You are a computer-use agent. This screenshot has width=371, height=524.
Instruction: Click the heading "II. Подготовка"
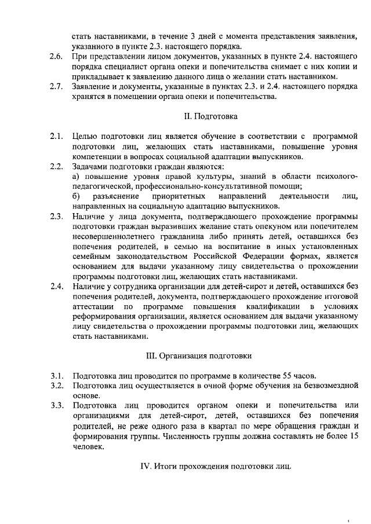[x=210, y=116]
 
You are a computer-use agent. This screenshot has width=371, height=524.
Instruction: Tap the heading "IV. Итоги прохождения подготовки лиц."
[x=215, y=466]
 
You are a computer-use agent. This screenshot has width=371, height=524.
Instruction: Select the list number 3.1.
[x=56, y=375]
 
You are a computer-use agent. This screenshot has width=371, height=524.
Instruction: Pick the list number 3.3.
[x=56, y=405]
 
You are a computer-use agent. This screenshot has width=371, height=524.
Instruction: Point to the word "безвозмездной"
[x=326, y=385]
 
